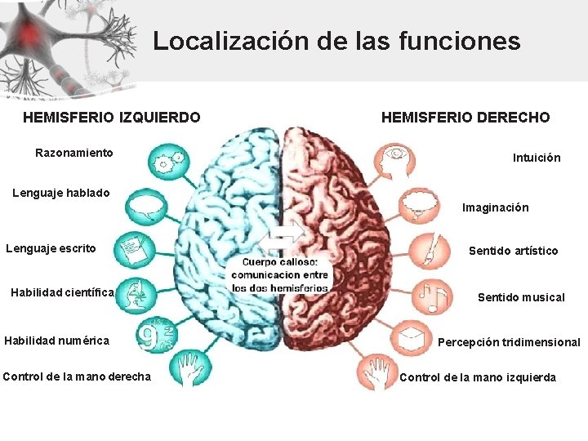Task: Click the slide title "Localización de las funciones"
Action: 336,41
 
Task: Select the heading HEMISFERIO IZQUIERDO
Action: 111,118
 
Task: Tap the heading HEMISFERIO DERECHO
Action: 465,118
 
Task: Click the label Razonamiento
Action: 74,153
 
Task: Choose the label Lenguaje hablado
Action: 61,194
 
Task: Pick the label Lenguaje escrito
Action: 51,248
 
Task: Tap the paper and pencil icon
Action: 133,247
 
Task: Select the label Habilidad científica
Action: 62,292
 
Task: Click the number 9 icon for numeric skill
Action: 154,335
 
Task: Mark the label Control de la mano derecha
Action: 77,376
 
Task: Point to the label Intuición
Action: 537,158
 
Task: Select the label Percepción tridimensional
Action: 509,342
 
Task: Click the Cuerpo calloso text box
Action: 280,275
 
